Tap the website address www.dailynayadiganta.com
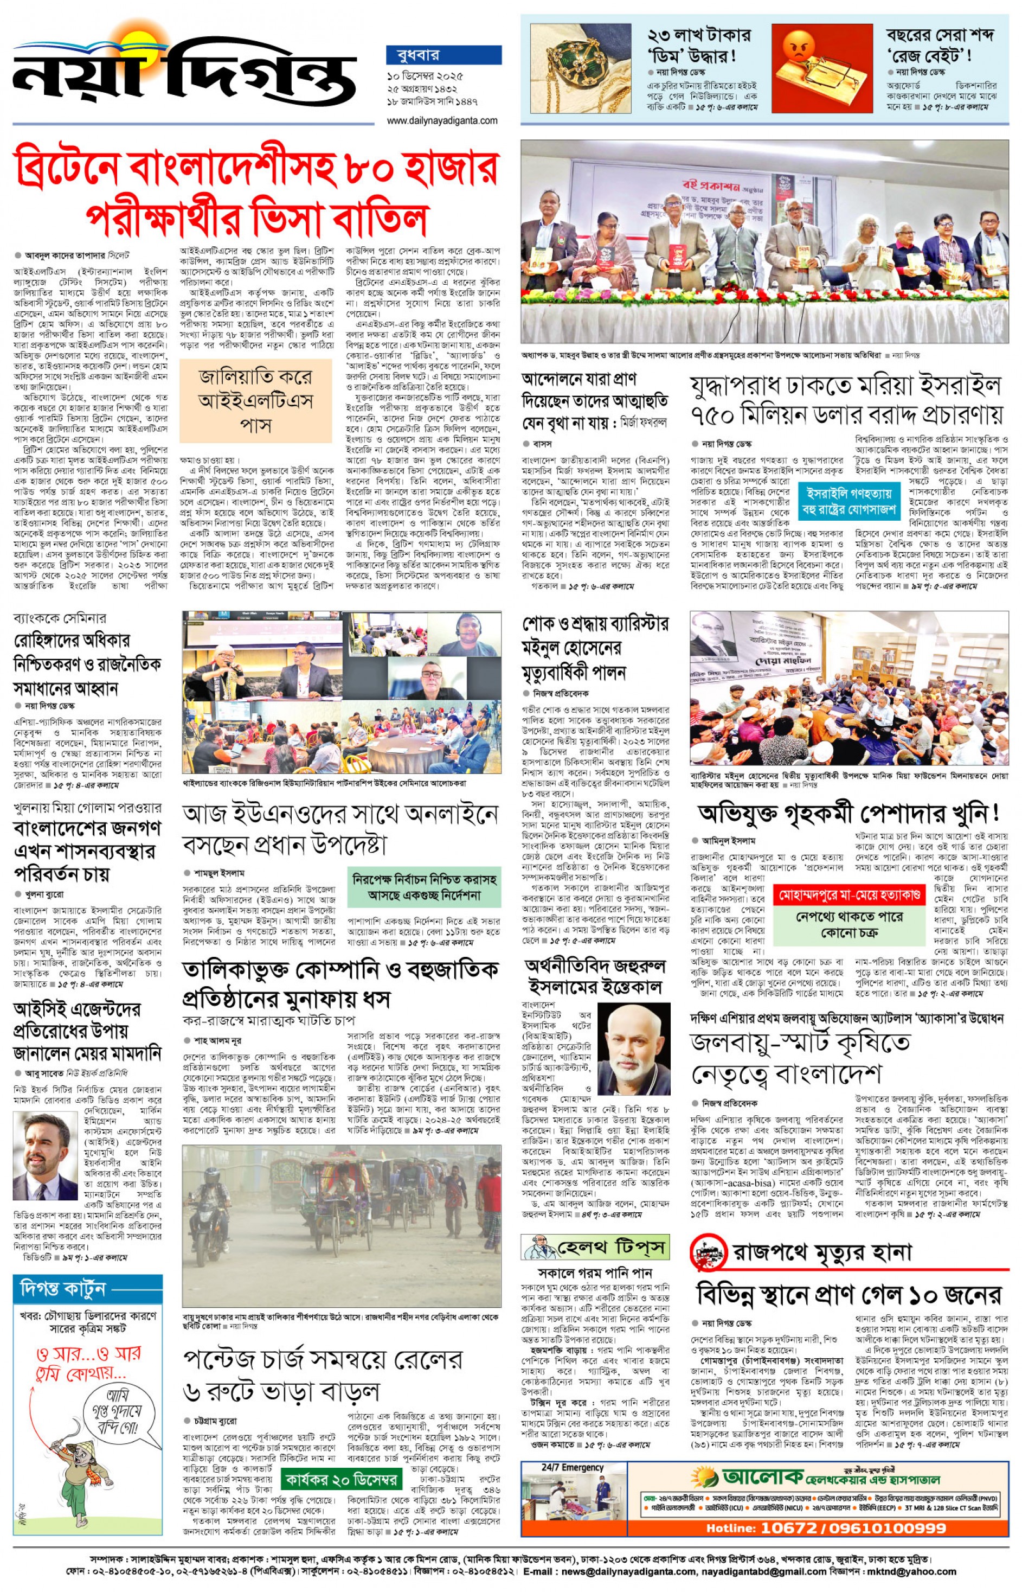[x=442, y=121]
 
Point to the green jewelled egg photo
[x=580, y=68]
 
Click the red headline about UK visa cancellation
[x=256, y=193]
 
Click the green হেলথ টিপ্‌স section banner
[x=595, y=1248]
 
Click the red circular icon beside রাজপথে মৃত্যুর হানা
[x=708, y=1253]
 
